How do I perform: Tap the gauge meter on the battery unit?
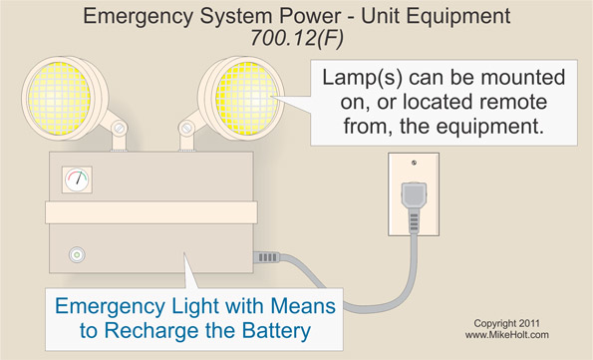tap(76, 181)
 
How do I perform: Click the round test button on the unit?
tap(74, 255)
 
